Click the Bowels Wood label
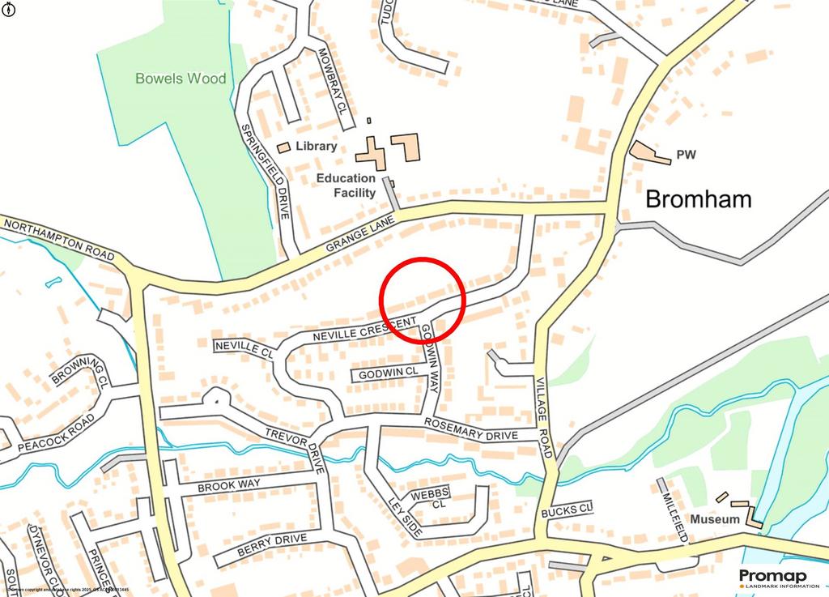181,79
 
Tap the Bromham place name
698,198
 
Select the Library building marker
283,147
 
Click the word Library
317,147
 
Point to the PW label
687,155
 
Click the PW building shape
649,152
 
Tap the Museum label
714,518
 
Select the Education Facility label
346,185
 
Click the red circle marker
423,299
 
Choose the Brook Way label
228,485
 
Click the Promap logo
772,577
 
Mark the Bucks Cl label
568,510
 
